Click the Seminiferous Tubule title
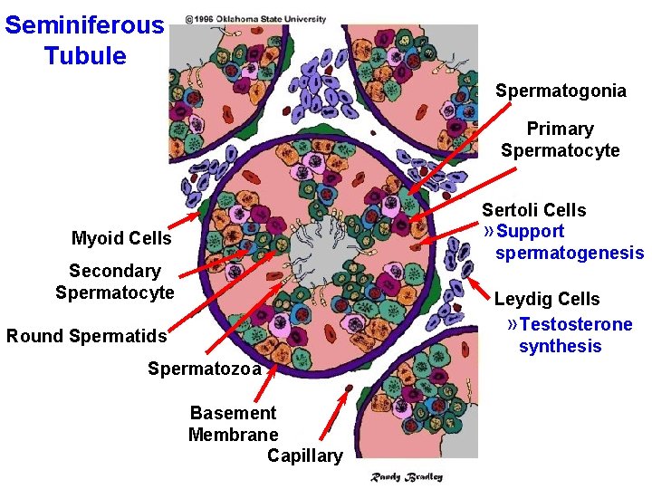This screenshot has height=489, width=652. tap(84, 40)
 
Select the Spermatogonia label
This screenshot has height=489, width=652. tap(561, 91)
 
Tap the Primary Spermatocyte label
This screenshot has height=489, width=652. tap(560, 139)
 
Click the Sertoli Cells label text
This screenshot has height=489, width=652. tap(533, 210)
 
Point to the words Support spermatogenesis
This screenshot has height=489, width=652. tap(569, 243)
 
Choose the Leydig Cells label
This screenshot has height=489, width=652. tap(546, 299)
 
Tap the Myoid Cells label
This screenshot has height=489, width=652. tap(121, 238)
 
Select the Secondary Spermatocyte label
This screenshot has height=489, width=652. tap(114, 282)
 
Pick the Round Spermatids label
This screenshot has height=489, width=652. tap(87, 336)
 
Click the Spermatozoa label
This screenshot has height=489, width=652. tap(204, 369)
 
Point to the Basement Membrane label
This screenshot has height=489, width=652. tap(233, 424)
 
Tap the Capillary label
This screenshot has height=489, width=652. tap(304, 455)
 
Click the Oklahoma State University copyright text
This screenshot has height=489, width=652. tap(255, 18)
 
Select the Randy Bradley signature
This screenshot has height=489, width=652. tap(407, 476)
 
